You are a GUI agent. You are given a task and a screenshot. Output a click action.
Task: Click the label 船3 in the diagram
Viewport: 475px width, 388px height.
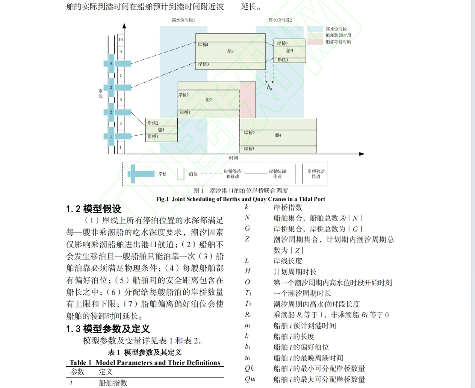click(x=230, y=51)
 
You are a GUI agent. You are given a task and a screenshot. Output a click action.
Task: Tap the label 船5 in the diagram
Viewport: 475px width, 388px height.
click(x=290, y=51)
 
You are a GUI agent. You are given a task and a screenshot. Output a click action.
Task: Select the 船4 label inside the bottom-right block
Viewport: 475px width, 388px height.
click(x=278, y=135)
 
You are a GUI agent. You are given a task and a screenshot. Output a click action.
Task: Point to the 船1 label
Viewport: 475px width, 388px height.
click(x=161, y=130)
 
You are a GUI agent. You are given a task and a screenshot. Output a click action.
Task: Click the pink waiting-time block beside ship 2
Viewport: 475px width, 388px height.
click(x=248, y=100)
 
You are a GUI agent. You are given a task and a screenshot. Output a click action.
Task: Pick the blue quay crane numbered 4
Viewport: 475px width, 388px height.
click(x=111, y=64)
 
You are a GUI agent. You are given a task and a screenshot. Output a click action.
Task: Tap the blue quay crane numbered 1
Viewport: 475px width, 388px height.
click(x=111, y=136)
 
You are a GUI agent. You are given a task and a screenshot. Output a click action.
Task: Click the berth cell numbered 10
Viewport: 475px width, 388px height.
click(x=120, y=40)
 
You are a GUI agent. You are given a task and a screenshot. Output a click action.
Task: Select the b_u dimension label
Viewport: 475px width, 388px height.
click(x=269, y=87)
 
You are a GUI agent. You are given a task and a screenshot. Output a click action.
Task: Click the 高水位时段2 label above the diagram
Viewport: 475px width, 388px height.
click(x=280, y=20)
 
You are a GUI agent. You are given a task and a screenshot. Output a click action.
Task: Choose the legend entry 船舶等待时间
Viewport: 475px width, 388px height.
click(x=338, y=42)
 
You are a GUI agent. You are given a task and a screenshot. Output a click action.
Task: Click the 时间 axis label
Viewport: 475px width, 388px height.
click(x=233, y=158)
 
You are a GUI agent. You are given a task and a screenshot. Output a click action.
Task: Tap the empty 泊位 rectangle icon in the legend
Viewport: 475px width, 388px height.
click(x=181, y=174)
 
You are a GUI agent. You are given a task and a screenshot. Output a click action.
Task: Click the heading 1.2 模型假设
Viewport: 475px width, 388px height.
click(x=94, y=209)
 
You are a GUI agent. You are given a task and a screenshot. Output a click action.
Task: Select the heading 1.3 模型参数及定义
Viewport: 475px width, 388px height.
click(x=108, y=329)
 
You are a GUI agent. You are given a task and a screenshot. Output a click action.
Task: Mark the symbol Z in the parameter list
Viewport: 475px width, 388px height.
click(x=247, y=239)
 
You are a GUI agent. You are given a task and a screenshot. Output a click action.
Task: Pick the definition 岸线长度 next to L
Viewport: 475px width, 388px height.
click(x=288, y=261)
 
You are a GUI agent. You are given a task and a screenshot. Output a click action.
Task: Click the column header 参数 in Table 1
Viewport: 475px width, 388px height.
click(x=77, y=372)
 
